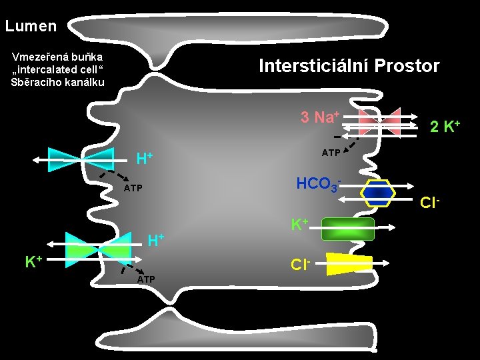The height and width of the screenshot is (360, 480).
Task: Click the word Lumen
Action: coord(31,27)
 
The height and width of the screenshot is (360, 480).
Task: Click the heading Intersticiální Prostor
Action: coord(349,66)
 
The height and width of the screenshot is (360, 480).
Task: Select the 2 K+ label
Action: coord(445,126)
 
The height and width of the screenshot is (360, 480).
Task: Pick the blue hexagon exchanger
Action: coord(378,193)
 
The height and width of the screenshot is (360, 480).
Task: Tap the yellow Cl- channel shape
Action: coord(349,264)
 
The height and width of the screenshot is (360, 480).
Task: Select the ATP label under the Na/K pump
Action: coord(331,153)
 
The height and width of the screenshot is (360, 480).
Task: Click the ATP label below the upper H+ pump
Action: coord(133,189)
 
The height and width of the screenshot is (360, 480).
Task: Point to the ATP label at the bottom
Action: coord(147,279)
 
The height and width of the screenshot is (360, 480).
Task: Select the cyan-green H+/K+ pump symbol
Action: coord(99,246)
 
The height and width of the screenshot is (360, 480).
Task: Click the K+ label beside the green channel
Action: coord(299,223)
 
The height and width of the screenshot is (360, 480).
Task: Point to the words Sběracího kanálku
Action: coord(57,82)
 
